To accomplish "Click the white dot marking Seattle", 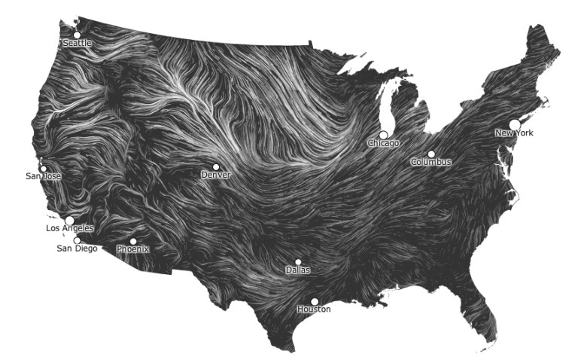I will tap(77, 35).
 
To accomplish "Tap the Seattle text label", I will tap(77, 44).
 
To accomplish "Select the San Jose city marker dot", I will tap(43, 169).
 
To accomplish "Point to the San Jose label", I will tap(44, 176).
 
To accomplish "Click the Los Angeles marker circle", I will tap(70, 220).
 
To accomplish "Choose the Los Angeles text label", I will tap(70, 228).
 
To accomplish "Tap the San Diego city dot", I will tap(77, 240).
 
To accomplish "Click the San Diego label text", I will tap(77, 249).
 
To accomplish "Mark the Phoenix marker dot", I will tap(133, 242).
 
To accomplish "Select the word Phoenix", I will tap(133, 249).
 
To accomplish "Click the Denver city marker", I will tap(216, 167).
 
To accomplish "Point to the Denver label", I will tap(216, 175).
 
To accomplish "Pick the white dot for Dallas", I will tap(298, 262).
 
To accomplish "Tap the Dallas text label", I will tap(298, 270).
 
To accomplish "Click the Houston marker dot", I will tap(315, 301).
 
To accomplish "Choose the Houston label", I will tap(314, 310).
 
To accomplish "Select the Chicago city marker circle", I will tap(384, 135).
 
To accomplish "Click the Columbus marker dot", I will tap(431, 154).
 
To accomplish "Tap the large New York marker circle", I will tap(515, 124).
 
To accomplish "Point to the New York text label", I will tap(514, 133).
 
